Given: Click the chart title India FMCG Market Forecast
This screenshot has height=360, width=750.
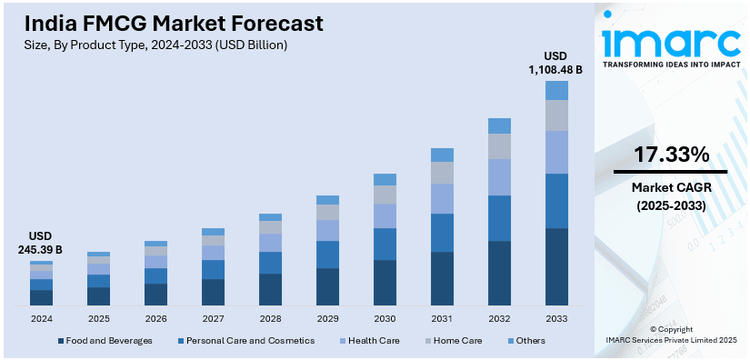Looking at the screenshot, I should point(169,22).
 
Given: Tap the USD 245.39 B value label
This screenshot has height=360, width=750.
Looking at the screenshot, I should point(40,243).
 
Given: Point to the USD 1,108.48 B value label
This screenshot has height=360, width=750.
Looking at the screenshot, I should point(556,62).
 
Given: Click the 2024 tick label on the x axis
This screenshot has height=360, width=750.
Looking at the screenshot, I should point(41,319).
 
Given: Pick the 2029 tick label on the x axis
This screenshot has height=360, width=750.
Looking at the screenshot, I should point(327,319).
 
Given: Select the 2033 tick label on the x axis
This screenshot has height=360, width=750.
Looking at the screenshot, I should point(556,319).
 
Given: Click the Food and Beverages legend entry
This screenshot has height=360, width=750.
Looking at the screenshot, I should point(105,340).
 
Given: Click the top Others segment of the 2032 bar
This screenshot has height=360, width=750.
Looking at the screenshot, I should point(499,125).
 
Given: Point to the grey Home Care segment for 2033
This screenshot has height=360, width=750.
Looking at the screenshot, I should point(556,115).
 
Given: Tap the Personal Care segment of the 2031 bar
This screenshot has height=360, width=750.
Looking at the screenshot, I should point(442,233).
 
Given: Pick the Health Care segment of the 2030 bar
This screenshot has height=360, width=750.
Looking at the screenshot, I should point(385,215).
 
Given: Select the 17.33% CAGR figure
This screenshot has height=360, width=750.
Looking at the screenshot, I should point(671,155).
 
